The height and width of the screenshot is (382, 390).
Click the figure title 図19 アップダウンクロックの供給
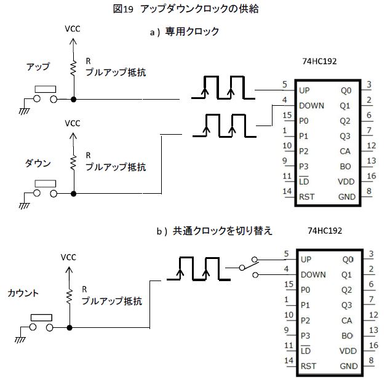[x=194, y=9]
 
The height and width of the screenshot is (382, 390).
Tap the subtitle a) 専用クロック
[x=185, y=31]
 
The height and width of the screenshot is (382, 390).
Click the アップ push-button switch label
[x=38, y=66]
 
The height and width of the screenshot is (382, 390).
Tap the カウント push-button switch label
[x=23, y=293]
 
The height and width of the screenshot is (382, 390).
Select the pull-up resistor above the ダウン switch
[x=74, y=162]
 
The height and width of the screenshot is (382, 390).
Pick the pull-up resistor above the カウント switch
[x=70, y=296]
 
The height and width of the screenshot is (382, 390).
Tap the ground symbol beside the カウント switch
[x=23, y=338]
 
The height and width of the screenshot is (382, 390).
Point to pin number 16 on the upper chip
[x=369, y=176]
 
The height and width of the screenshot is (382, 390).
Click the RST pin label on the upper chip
[x=308, y=197]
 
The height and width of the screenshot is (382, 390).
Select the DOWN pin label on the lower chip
[x=314, y=274]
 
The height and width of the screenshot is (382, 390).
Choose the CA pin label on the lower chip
[x=346, y=320]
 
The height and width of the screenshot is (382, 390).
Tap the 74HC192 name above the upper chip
[x=320, y=62]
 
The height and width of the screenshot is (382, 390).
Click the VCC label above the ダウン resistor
[x=73, y=124]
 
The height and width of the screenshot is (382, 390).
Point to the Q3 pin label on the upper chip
[x=346, y=136]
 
